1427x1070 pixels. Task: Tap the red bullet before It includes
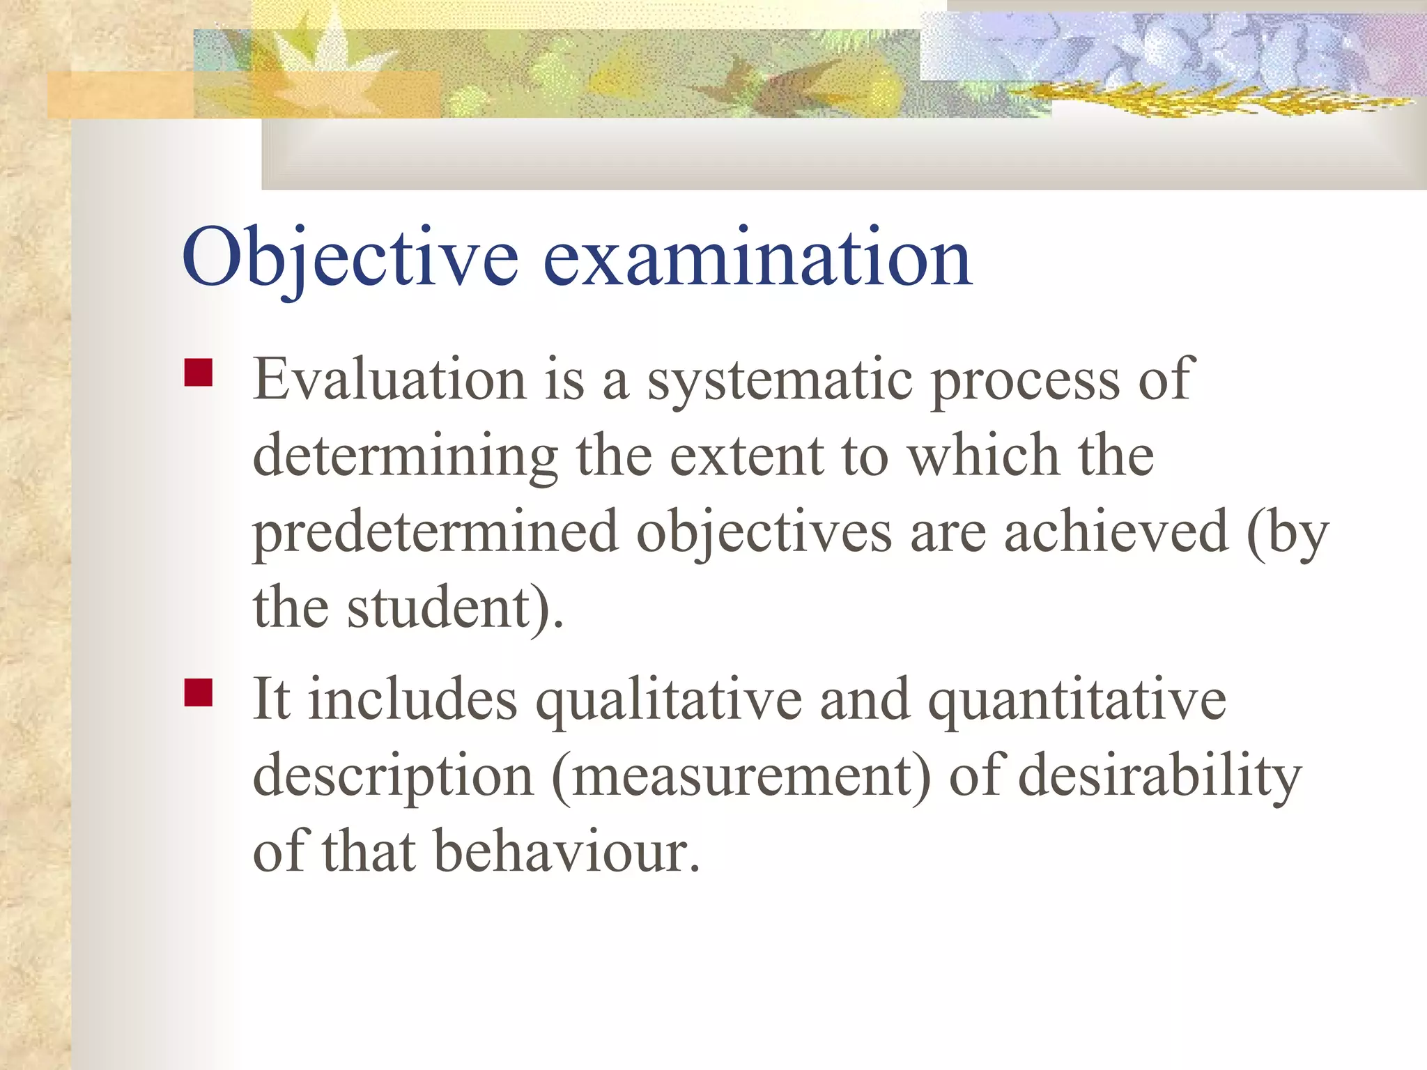tap(198, 692)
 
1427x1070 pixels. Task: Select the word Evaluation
tap(389, 380)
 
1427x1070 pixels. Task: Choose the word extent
tap(746, 456)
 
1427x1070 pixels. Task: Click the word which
tap(983, 456)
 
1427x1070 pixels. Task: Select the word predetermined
tap(435, 533)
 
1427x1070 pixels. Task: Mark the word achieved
tap(1116, 533)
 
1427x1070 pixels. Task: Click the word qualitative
tap(668, 700)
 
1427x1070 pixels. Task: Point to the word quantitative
tap(1077, 700)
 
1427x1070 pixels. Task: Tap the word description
tap(392, 777)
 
